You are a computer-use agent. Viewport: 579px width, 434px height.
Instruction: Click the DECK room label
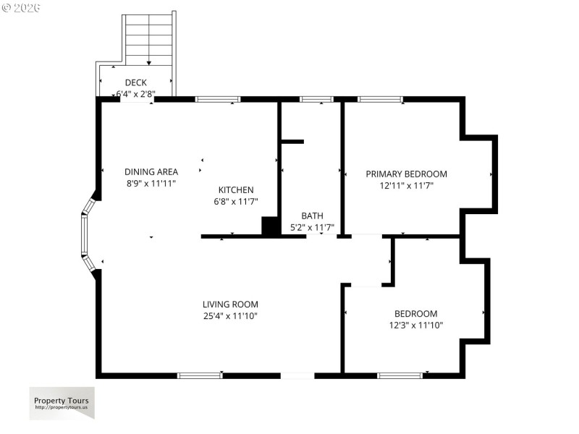point(135,82)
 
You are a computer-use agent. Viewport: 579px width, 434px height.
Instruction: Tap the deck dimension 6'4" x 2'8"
point(135,93)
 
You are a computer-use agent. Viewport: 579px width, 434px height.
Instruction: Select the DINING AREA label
point(151,171)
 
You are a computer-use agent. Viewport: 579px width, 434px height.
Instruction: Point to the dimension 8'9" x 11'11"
point(151,183)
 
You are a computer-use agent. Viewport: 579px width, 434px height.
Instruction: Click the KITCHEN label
point(235,190)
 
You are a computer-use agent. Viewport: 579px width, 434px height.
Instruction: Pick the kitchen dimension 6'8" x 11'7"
point(235,202)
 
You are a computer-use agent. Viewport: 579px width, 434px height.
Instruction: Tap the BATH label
point(312,216)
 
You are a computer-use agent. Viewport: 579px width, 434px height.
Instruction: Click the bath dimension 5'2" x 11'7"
point(312,227)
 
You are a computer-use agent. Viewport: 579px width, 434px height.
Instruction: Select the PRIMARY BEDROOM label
point(406,174)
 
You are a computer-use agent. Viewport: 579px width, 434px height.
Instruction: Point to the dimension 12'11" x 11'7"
point(406,185)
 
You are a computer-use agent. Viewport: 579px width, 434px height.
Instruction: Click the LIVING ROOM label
point(230,305)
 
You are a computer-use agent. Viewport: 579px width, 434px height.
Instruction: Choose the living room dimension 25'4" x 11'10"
point(230,316)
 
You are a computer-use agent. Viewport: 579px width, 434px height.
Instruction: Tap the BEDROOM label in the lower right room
point(415,313)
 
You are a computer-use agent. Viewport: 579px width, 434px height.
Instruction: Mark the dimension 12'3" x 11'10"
point(415,325)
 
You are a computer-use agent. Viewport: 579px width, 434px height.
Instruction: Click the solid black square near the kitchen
point(270,226)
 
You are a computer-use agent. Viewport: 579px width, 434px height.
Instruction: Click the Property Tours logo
point(62,403)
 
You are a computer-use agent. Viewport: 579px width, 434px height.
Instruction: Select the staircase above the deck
point(150,40)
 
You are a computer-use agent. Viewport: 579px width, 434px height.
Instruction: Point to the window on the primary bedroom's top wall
point(380,99)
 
